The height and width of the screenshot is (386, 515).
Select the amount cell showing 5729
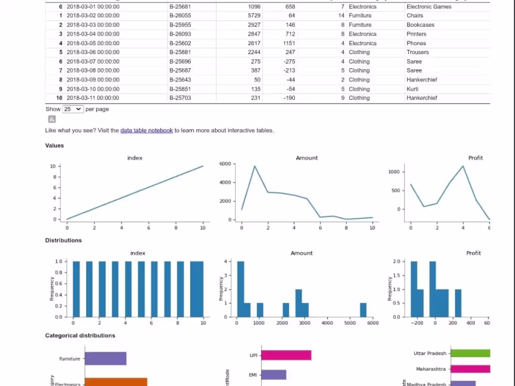point(254,15)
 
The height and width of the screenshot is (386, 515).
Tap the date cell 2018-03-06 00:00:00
point(93,52)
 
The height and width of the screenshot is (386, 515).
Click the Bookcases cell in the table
point(420,25)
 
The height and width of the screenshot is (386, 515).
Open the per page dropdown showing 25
point(73,109)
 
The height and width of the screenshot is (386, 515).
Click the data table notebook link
point(147,131)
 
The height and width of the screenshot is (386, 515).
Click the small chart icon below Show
point(52,120)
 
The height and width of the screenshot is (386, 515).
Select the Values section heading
point(54,146)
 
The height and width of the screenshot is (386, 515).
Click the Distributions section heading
point(63,240)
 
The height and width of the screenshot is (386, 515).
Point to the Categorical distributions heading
point(80,335)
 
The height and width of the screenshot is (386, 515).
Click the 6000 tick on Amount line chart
point(225,164)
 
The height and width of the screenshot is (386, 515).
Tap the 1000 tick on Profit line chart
point(394,172)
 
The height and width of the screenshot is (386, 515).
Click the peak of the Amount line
point(254,166)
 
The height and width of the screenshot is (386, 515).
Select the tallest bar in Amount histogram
point(241,289)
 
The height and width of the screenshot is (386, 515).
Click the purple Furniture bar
point(105,358)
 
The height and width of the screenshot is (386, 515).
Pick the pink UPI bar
point(286,355)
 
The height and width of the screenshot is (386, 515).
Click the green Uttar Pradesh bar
point(471,353)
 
